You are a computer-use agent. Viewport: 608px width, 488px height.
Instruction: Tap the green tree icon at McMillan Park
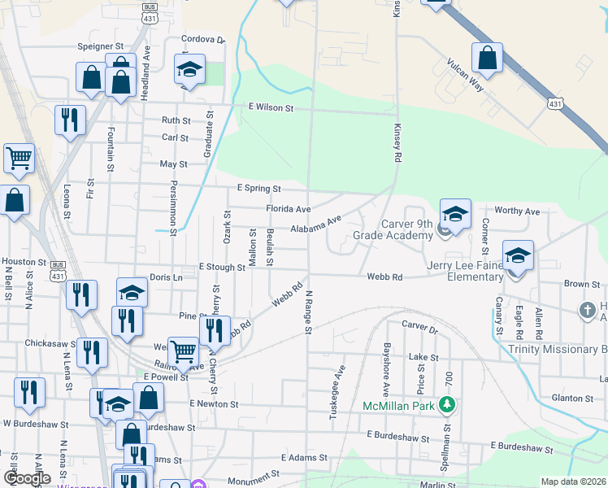pyautogui.click(x=446, y=404)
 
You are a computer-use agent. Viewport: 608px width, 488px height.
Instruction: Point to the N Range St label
pyautogui.click(x=309, y=313)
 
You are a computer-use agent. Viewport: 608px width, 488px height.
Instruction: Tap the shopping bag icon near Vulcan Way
pyautogui.click(x=487, y=59)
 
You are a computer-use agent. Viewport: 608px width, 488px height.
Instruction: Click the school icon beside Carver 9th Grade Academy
pyautogui.click(x=455, y=216)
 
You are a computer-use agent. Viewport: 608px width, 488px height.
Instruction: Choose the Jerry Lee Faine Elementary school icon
pyautogui.click(x=518, y=256)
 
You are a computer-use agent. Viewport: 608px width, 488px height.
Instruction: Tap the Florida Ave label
pyautogui.click(x=289, y=209)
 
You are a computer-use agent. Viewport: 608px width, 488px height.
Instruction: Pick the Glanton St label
pyautogui.click(x=572, y=398)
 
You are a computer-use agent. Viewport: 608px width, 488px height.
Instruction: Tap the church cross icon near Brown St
pyautogui.click(x=587, y=310)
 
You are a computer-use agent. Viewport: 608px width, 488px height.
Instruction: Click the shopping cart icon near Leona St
pyautogui.click(x=19, y=158)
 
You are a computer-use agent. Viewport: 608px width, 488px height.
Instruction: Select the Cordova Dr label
pyautogui.click(x=203, y=39)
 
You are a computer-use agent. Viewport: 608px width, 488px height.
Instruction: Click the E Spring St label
pyautogui.click(x=258, y=188)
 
